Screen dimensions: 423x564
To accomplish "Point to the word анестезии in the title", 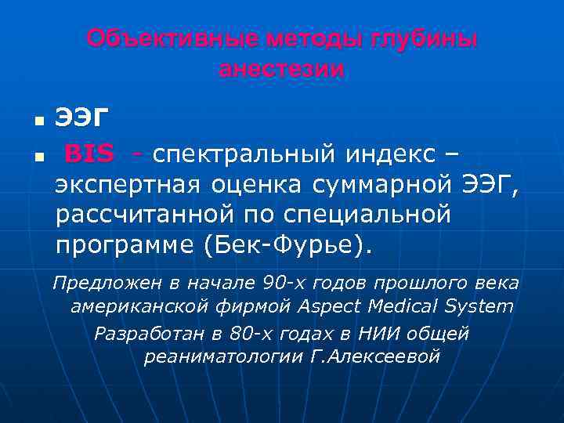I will point(281,69).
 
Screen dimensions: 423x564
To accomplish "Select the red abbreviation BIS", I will point(89,154).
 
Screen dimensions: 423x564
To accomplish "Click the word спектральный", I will point(239,154).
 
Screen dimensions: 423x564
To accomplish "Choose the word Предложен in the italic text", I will point(96,282).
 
